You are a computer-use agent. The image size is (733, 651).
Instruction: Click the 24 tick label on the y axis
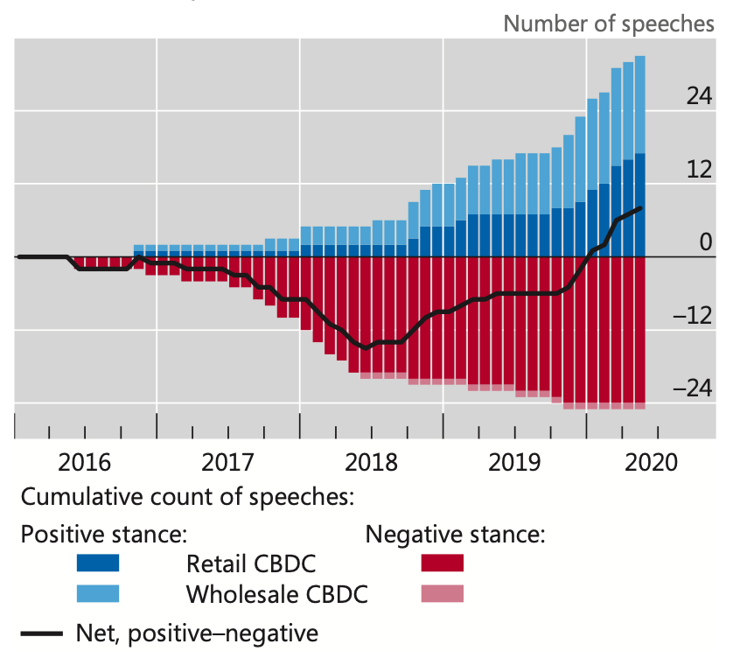pos(699,96)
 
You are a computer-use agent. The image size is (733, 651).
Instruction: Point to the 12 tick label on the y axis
pos(699,169)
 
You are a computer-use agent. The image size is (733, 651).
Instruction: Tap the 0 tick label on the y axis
pos(706,242)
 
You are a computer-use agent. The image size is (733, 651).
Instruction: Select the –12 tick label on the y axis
pos(693,316)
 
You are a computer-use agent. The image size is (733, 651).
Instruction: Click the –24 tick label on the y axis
pos(693,388)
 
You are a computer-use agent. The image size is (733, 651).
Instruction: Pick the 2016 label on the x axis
pos(85,463)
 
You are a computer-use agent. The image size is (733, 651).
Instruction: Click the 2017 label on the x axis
pos(227,463)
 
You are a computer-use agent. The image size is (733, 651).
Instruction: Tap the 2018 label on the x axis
pos(371,463)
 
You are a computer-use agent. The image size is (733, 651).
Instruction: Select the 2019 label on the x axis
pos(514,463)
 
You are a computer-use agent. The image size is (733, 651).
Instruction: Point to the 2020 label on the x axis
pos(651,463)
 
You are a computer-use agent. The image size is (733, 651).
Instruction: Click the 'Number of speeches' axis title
pos(609,24)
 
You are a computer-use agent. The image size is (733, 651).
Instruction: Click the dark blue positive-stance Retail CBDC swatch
pos(98,563)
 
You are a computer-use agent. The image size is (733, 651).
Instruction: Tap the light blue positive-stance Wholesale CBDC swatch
pos(98,593)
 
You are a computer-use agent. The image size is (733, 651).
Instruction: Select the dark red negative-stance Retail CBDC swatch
pos(443,563)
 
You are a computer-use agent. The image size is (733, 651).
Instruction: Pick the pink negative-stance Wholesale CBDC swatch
pos(443,593)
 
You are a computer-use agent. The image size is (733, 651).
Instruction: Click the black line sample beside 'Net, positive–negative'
pos(42,633)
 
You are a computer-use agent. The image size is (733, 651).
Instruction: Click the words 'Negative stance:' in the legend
pos(456,534)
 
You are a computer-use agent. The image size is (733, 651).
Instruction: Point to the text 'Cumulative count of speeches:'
pos(187,497)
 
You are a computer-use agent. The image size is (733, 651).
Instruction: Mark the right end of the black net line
pos(640,208)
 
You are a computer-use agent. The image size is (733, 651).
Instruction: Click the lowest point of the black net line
pos(366,348)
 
